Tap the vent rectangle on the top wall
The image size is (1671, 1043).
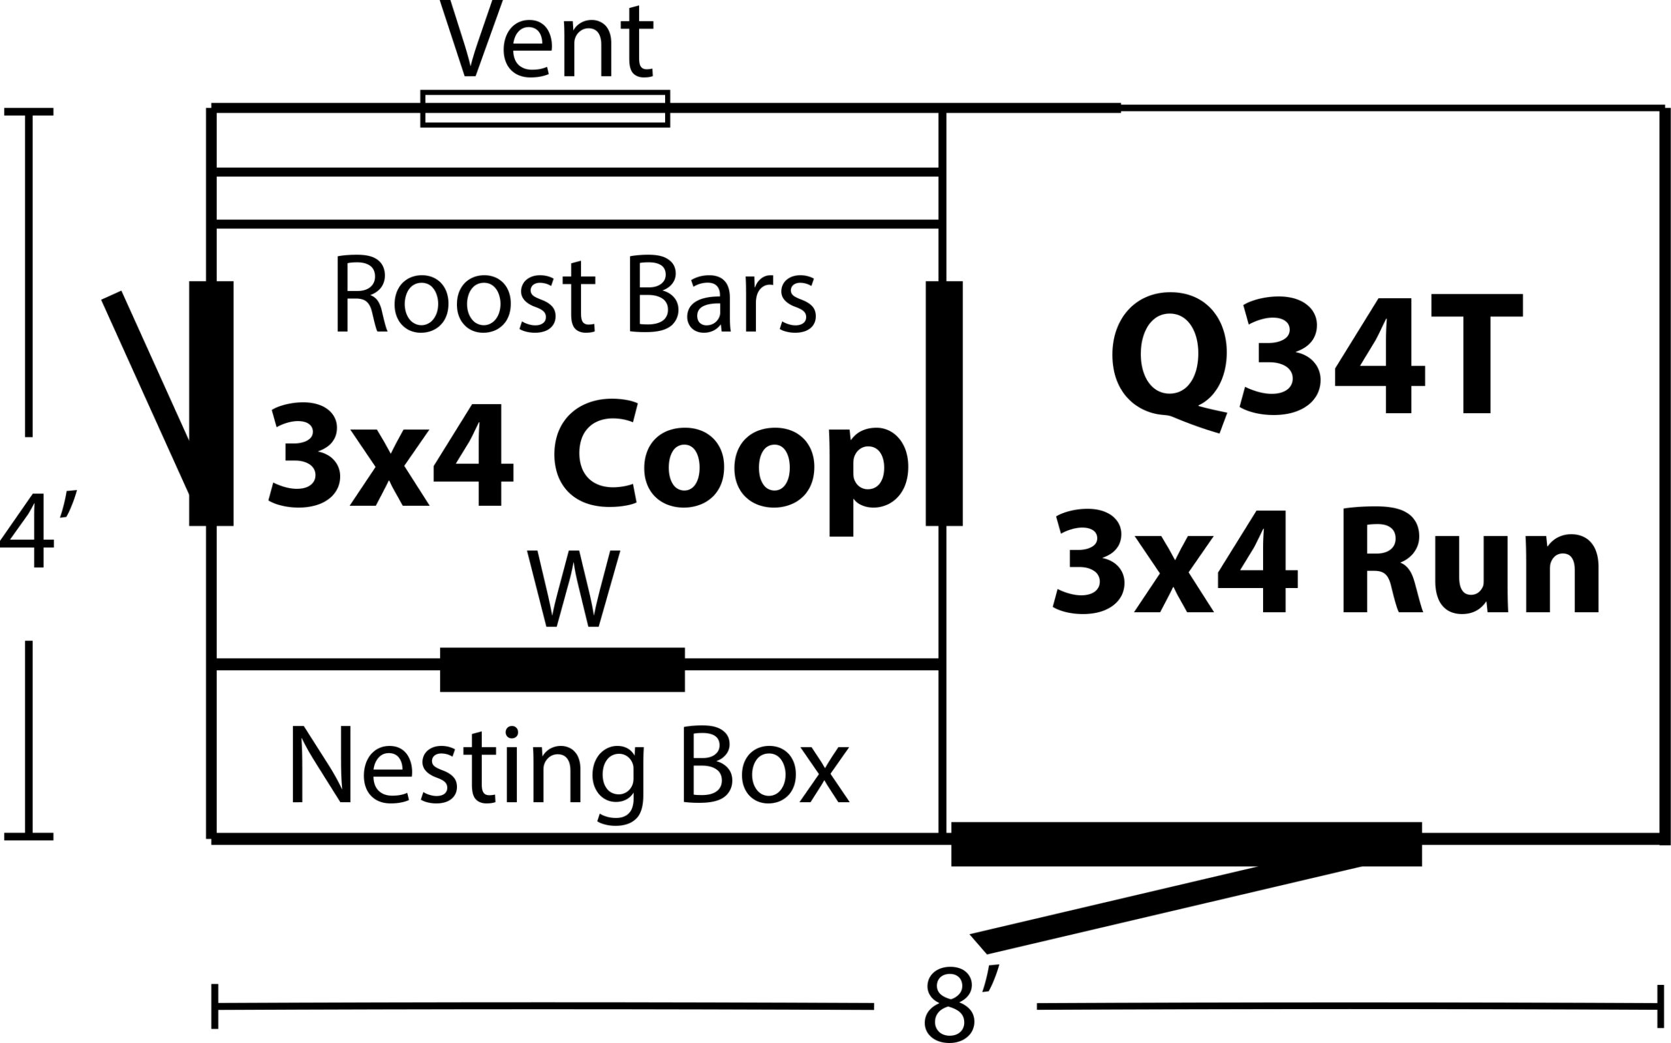point(545,109)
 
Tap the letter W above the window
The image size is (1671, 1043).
point(574,589)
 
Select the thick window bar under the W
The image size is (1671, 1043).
point(562,669)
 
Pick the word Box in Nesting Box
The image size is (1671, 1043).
point(766,766)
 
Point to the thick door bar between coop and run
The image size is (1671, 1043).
point(943,403)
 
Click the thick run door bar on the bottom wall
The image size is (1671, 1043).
point(1186,844)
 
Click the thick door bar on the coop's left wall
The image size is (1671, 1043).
point(211,403)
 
